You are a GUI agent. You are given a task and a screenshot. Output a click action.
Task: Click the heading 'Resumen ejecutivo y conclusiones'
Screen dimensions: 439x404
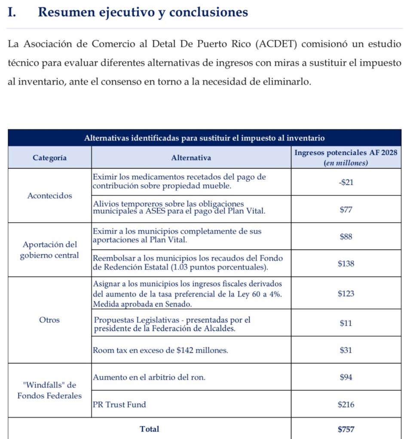pos(143,12)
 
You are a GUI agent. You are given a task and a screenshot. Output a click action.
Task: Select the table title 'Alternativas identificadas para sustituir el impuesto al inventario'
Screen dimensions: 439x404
pos(204,138)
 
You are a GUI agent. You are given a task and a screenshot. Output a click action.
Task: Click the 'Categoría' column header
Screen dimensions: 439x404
pos(49,157)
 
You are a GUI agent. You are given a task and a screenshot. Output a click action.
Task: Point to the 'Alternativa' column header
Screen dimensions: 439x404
pos(191,157)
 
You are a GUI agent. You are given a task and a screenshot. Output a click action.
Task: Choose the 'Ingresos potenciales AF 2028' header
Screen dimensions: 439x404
pos(346,153)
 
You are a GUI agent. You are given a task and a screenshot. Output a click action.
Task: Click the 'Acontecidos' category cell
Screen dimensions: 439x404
pos(49,196)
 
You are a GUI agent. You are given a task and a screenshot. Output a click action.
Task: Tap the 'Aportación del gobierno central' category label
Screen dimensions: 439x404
pos(49,250)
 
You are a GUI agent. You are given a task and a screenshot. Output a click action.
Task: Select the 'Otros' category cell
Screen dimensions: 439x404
pos(49,320)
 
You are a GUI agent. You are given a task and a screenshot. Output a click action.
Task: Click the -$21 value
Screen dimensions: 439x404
pos(346,182)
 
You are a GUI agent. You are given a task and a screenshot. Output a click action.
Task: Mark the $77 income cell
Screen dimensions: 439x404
pos(346,210)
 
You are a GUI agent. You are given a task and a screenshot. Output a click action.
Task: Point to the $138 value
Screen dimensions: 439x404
pos(346,264)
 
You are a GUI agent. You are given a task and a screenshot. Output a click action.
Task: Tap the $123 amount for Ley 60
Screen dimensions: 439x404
pos(346,294)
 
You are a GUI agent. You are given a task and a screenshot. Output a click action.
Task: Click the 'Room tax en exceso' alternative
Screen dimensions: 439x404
pos(160,351)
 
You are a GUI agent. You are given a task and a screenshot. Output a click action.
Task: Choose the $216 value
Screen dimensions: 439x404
pos(346,405)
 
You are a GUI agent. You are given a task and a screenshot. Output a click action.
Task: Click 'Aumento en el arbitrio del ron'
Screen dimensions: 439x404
pos(149,378)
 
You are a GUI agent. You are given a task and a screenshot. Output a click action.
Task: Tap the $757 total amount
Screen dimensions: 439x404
pos(346,429)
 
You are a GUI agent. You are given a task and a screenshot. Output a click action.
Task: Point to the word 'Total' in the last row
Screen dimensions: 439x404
pos(149,429)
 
